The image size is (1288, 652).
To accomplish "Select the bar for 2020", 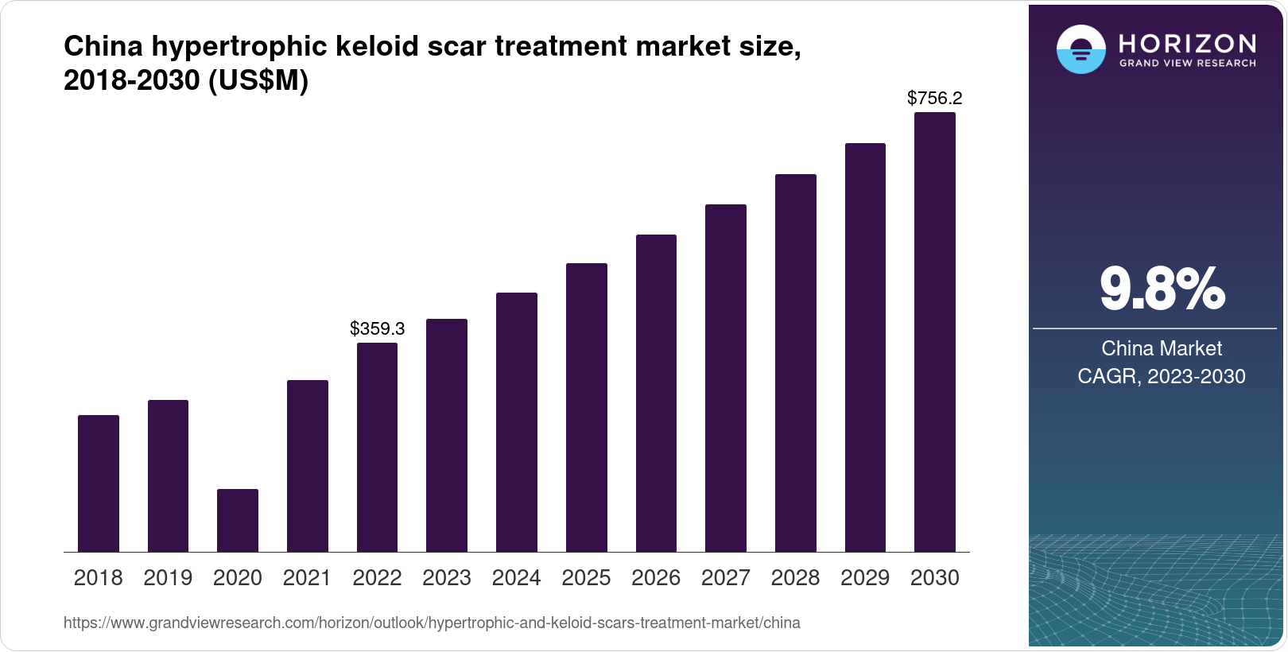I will [x=238, y=520].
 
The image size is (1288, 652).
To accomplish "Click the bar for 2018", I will [x=99, y=483].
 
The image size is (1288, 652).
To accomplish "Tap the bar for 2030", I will [x=935, y=332].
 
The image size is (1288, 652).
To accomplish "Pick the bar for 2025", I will [x=587, y=407].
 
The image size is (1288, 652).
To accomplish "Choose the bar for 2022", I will [x=377, y=447].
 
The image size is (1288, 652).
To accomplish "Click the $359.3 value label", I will [x=378, y=328].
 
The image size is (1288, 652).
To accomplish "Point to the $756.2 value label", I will [x=935, y=99].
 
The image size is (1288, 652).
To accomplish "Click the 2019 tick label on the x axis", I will [x=168, y=578].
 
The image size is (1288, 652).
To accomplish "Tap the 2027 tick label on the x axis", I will [x=726, y=578].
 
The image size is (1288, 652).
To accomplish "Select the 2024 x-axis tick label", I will [x=517, y=578].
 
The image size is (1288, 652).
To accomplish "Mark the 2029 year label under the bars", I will [x=865, y=578].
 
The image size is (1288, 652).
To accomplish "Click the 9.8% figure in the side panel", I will [x=1162, y=289].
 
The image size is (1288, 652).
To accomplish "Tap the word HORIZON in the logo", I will [x=1188, y=43].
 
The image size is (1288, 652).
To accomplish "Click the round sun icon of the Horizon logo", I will [x=1080, y=49].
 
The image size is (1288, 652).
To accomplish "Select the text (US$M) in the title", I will [x=258, y=80].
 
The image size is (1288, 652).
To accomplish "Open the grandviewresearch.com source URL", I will [x=432, y=623].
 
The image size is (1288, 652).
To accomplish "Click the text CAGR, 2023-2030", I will [x=1162, y=376].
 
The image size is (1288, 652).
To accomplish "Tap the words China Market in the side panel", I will [x=1162, y=348].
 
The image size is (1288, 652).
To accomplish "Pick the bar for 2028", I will [x=796, y=363].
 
